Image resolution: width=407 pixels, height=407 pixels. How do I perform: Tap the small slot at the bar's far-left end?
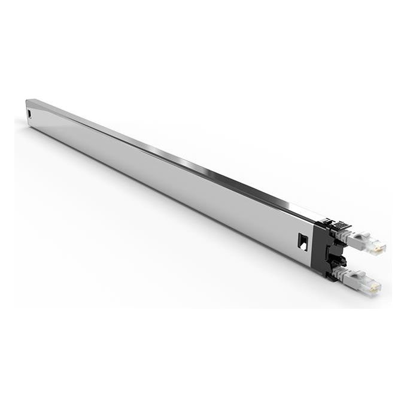tap(28, 113)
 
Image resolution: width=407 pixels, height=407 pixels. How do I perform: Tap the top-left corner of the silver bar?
tap(27, 101)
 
